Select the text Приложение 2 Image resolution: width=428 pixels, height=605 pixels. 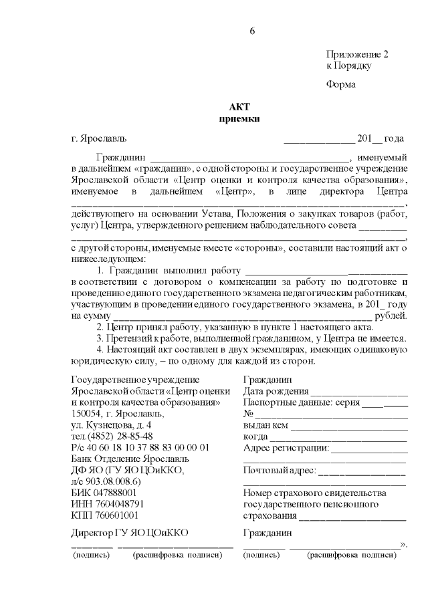point(357,53)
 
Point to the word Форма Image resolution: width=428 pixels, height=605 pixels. point(341,85)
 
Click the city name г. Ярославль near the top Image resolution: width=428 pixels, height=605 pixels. point(98,139)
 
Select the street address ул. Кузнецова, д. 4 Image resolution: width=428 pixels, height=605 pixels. point(111,425)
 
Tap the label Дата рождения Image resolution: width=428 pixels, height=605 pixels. point(275,392)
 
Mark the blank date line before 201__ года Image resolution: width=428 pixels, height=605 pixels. point(319,140)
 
